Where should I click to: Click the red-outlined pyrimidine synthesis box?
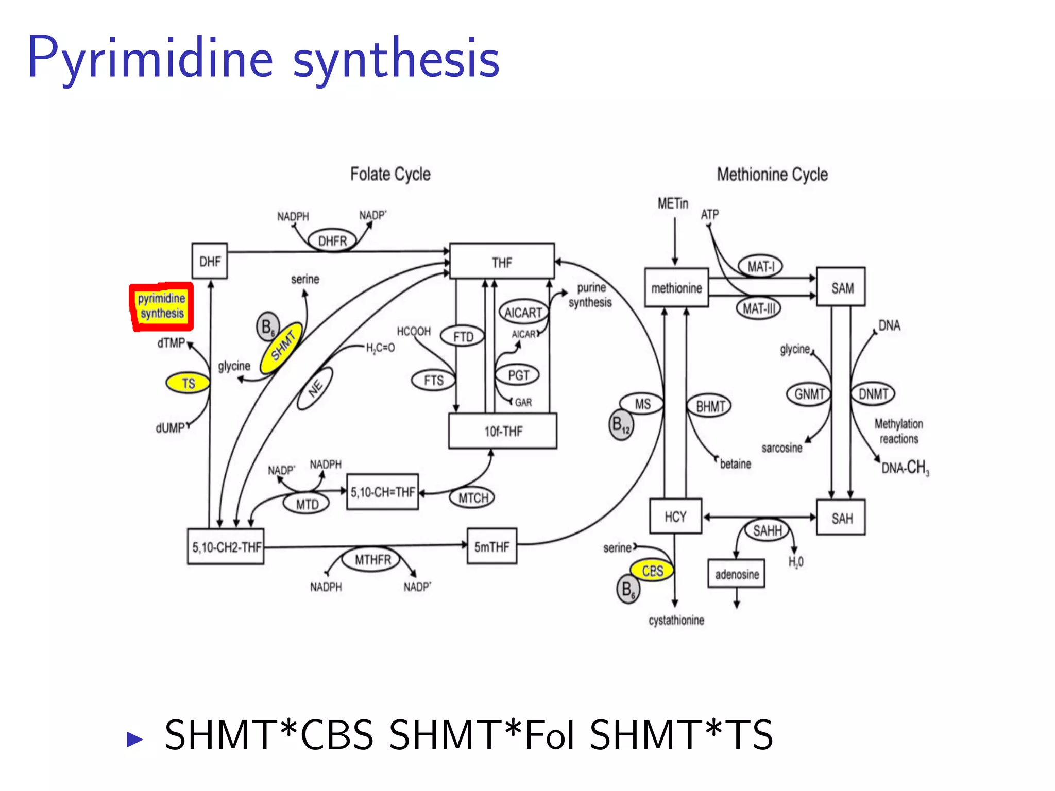[x=161, y=306]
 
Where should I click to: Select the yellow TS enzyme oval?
[x=188, y=383]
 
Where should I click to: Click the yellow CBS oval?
[x=652, y=571]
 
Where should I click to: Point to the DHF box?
[x=210, y=262]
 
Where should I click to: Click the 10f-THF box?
[x=502, y=431]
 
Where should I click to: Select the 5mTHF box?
[x=491, y=546]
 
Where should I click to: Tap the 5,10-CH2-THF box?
[x=226, y=547]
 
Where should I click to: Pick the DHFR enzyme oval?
[x=332, y=240]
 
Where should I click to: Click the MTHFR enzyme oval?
[x=372, y=559]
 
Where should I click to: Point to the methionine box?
[x=676, y=288]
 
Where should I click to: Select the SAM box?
[x=841, y=287]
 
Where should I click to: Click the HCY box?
[x=675, y=517]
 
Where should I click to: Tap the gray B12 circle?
[x=621, y=425]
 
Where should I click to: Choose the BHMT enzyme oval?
[x=709, y=406]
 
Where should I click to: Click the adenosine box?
[x=736, y=574]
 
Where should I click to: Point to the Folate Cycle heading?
[x=390, y=174]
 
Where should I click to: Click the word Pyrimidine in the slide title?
[x=150, y=58]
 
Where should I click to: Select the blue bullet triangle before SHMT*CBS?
[x=134, y=739]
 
